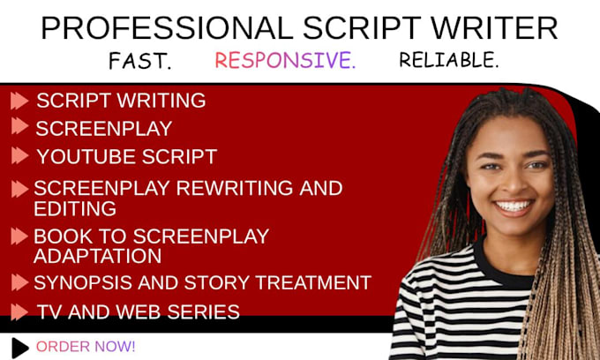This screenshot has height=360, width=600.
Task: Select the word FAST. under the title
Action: pyautogui.click(x=139, y=61)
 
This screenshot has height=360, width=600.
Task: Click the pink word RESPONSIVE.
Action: pyautogui.click(x=285, y=61)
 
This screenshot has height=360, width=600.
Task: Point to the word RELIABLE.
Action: pyautogui.click(x=448, y=60)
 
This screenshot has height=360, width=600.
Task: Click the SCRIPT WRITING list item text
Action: pyautogui.click(x=121, y=101)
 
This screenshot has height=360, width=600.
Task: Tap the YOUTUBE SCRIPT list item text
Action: pyautogui.click(x=126, y=157)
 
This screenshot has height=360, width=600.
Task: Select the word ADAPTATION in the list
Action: pyautogui.click(x=97, y=256)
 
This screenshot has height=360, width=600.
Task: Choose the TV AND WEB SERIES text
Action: pyautogui.click(x=138, y=311)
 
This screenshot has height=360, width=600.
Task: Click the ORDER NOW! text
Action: pyautogui.click(x=86, y=346)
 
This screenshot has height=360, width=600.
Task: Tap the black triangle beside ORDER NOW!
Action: pyautogui.click(x=20, y=346)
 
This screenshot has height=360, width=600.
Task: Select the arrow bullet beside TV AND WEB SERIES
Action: pyautogui.click(x=19, y=311)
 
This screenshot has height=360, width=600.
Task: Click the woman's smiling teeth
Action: pyautogui.click(x=513, y=207)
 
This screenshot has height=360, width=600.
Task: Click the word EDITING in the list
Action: pyautogui.click(x=75, y=209)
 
